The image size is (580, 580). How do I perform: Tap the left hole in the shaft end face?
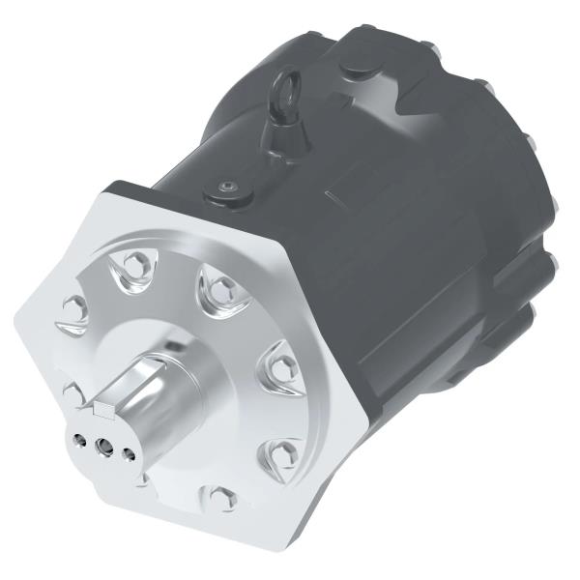point(78,436)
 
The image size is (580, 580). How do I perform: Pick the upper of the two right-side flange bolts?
point(281,362)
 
